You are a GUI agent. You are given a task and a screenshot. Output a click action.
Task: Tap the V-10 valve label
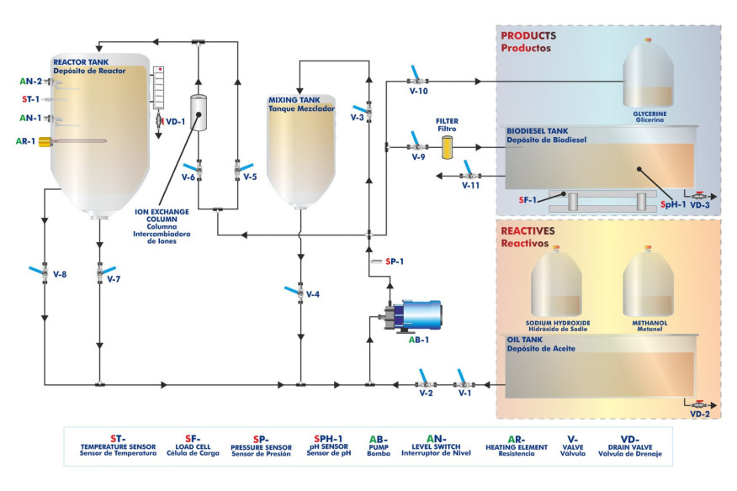[x=419, y=91]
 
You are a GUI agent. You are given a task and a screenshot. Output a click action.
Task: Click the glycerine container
[x=650, y=77]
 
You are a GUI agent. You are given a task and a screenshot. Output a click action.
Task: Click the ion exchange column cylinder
[x=199, y=111]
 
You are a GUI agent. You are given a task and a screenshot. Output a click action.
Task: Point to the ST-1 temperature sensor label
[x=30, y=99]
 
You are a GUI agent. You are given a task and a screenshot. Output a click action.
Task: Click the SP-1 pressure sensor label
[x=395, y=261]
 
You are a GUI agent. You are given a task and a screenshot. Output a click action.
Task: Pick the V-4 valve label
[x=313, y=294]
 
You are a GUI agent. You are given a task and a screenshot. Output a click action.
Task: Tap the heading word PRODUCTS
[x=528, y=36]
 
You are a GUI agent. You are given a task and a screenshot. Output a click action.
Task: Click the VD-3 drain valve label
[x=700, y=204]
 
